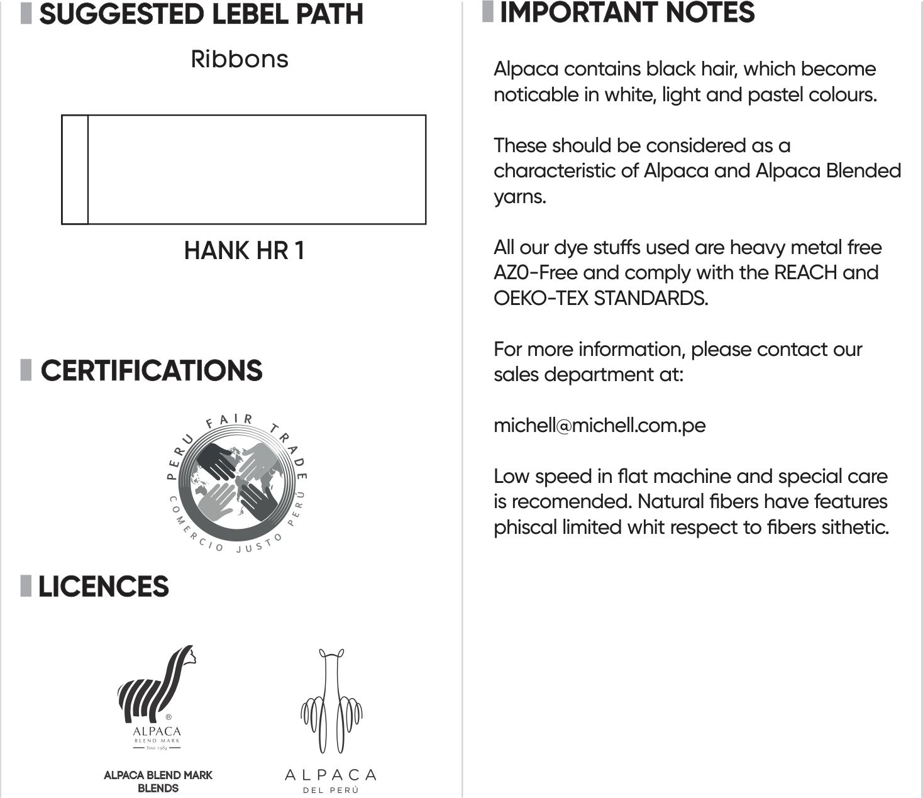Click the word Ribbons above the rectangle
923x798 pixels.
point(240,59)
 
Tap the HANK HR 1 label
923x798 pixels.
point(244,250)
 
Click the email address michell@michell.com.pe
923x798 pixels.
point(599,425)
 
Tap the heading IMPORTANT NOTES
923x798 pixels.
point(627,13)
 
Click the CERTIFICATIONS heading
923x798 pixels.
point(152,370)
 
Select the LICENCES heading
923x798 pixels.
point(104,586)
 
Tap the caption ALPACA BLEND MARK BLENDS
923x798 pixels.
point(158,781)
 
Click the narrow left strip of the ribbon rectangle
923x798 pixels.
point(75,169)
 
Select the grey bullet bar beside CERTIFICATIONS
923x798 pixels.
point(26,370)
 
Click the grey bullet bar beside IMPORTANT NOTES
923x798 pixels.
point(488,12)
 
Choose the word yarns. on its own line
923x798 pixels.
point(519,197)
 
